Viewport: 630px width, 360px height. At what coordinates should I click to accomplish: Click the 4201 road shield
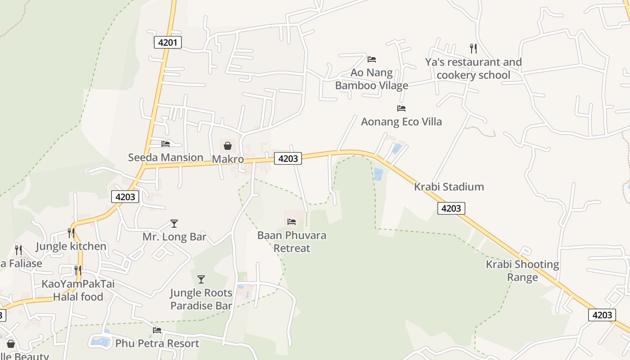click(167, 43)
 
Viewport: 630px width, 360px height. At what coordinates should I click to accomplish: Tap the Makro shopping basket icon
click(228, 145)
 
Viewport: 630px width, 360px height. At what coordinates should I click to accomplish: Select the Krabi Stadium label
click(449, 187)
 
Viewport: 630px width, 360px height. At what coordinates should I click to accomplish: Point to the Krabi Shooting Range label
click(522, 270)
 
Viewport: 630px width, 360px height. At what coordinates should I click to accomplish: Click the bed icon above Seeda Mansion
click(166, 144)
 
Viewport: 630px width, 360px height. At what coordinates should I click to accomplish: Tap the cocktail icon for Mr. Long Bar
click(174, 224)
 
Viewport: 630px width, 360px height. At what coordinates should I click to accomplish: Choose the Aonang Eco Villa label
click(401, 121)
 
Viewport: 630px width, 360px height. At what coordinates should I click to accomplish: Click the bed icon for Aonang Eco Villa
click(401, 108)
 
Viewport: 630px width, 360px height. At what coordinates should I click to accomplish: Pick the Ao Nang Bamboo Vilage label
click(372, 79)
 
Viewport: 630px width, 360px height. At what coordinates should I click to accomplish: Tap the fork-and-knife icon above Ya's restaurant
click(473, 48)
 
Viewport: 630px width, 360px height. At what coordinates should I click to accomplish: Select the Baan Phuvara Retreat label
click(292, 242)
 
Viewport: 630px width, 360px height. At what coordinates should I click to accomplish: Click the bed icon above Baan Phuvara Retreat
click(292, 222)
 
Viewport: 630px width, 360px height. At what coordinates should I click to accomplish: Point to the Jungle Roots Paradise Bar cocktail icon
click(201, 279)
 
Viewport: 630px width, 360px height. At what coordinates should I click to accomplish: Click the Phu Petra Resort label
click(157, 343)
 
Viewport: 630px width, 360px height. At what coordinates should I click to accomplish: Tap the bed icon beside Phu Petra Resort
click(157, 330)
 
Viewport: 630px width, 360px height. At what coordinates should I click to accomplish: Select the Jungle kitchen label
click(71, 246)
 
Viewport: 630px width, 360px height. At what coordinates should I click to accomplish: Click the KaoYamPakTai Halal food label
click(78, 290)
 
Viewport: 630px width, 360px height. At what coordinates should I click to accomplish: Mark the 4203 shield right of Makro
click(288, 158)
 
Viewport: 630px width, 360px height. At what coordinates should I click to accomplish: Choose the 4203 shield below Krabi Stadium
click(451, 208)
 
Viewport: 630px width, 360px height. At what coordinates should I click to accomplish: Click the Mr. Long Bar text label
click(174, 237)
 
